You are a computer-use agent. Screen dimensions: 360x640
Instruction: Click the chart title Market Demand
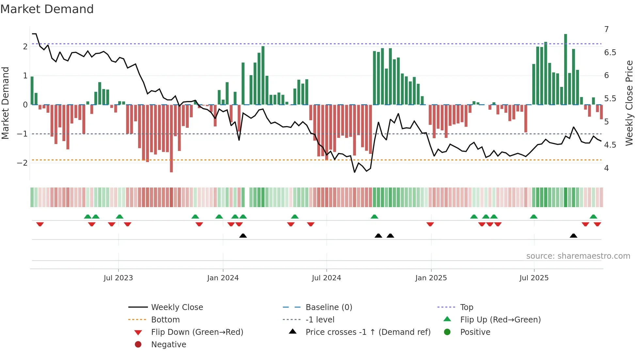coord(47,9)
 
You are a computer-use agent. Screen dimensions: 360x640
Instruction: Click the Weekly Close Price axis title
coord(629,103)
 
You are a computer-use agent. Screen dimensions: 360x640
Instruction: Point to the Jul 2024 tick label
coord(326,278)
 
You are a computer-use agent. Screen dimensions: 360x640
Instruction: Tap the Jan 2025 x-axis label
coord(431,278)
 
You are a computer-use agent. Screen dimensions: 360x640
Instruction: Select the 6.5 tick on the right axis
coord(610,53)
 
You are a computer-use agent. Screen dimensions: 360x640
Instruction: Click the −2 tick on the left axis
coord(22,163)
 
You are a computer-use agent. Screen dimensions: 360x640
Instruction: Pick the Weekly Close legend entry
coord(177,307)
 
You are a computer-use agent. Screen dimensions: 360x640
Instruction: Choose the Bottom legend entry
coord(165,319)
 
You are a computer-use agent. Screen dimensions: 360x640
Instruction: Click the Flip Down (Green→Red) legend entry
coord(197,332)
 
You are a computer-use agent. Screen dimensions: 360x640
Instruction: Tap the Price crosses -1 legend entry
coord(368,332)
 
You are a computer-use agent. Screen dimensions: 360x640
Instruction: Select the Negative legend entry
coord(168,344)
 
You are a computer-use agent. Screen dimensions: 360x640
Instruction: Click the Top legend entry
coord(467,307)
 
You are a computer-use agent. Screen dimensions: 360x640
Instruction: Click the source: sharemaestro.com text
coord(578,256)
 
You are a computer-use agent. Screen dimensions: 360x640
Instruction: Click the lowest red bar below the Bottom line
coord(171,170)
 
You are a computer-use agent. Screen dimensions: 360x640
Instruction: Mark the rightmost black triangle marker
coord(573,236)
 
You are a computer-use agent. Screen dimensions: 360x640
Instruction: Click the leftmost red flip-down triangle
coord(40,224)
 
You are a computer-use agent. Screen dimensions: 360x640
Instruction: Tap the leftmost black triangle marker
coord(243,236)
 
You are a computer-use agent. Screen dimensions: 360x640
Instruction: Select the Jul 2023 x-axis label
coord(118,278)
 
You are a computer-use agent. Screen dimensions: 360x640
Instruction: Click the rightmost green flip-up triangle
coord(593,217)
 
